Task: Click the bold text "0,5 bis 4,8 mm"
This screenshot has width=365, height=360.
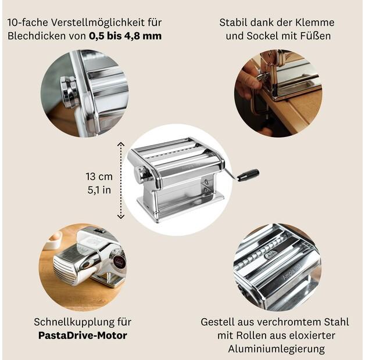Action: (x=125, y=36)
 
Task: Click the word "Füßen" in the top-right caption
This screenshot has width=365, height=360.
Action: (x=316, y=36)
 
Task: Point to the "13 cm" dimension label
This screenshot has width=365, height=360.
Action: (x=99, y=177)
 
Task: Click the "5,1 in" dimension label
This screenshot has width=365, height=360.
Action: (x=99, y=189)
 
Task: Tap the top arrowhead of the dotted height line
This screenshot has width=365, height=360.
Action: (x=120, y=143)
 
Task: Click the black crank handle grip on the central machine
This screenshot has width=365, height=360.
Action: (x=248, y=175)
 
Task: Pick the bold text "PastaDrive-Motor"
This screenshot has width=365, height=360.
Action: (x=83, y=335)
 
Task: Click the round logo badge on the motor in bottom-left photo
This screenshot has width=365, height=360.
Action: (x=118, y=262)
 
